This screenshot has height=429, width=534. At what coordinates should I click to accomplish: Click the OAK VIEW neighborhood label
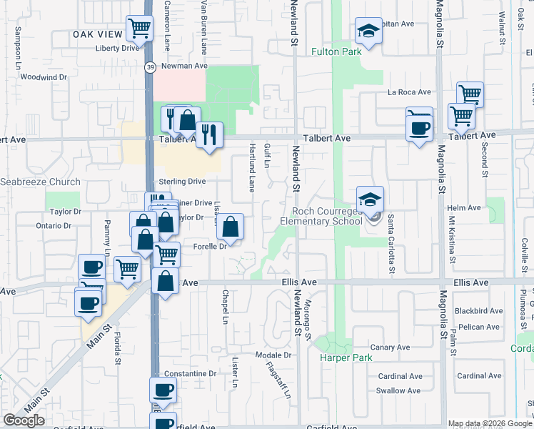[x=97, y=34]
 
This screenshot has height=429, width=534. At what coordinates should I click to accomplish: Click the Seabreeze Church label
[x=40, y=182]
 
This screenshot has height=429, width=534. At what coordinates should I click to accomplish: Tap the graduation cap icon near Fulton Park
[x=368, y=31]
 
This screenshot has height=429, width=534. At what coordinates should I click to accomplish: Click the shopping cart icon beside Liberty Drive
[x=139, y=29]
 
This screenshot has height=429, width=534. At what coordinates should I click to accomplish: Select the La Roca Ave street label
[x=409, y=92]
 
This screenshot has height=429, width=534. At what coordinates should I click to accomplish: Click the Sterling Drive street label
[x=182, y=182]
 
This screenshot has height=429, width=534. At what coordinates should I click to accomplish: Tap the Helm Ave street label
[x=464, y=208]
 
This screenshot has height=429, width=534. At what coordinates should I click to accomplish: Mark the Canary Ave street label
[x=392, y=347]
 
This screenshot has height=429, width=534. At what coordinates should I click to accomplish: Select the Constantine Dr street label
[x=190, y=374]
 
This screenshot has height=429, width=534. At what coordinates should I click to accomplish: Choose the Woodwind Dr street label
[x=44, y=77]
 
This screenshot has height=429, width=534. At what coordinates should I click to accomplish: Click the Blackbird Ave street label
[x=478, y=311]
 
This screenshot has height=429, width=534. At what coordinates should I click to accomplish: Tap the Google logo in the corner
[x=24, y=420]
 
